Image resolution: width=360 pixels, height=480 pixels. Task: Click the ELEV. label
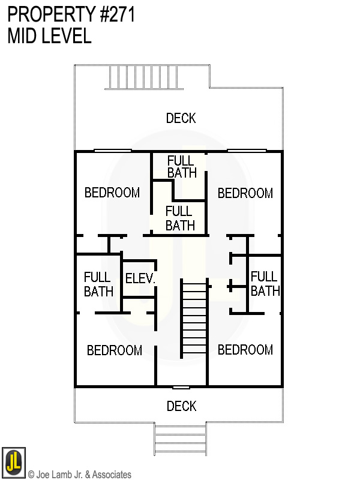point(140,279)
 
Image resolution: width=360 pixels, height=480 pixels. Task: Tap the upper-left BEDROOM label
point(112,193)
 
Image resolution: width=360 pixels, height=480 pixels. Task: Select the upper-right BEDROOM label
point(245,193)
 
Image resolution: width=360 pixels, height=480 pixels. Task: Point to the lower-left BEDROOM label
point(115,350)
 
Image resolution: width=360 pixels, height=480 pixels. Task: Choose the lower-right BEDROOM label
point(245,350)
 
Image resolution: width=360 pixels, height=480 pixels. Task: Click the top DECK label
point(181,118)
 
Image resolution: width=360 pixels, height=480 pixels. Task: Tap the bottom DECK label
point(181,407)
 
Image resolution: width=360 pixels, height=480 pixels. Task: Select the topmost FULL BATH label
point(181,167)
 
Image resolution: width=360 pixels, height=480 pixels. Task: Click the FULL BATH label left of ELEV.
point(98,284)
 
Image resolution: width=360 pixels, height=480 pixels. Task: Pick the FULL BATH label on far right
point(265,284)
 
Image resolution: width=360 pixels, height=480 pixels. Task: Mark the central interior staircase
point(194,318)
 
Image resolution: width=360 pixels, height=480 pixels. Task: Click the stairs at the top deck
point(144,77)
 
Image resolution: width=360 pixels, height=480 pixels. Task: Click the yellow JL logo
point(13,462)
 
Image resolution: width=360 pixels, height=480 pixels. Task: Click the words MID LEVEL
point(49,36)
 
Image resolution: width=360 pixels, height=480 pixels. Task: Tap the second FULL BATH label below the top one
point(179,218)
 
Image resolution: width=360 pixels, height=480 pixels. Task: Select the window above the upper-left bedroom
point(113,150)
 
